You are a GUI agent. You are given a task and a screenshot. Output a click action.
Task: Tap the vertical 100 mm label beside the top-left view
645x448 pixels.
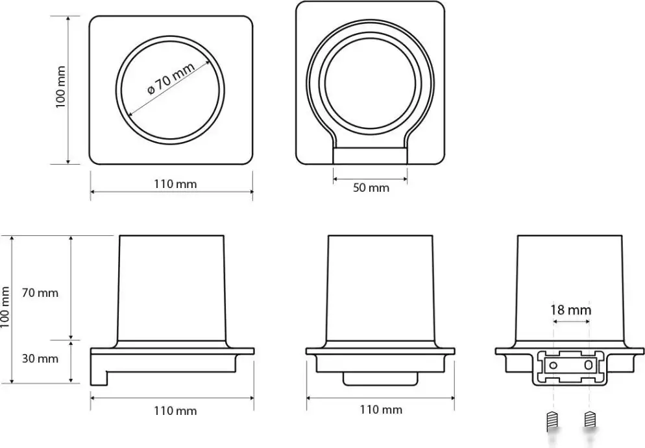(x=60, y=87)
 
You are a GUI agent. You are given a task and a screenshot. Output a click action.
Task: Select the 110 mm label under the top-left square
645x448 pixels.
(x=175, y=183)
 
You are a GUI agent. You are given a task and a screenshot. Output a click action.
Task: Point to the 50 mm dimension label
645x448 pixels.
(x=371, y=188)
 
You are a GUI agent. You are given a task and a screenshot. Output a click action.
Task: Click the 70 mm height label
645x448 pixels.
(x=40, y=293)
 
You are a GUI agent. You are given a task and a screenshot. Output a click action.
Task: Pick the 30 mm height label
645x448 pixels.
(x=40, y=359)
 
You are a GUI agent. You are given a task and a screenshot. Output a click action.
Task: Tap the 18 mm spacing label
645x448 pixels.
(x=571, y=309)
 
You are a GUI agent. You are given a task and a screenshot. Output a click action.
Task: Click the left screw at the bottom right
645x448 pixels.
(x=553, y=421)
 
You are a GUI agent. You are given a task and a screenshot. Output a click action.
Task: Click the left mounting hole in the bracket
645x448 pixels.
(x=554, y=365)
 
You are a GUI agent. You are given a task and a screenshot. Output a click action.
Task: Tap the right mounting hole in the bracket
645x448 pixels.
(x=589, y=364)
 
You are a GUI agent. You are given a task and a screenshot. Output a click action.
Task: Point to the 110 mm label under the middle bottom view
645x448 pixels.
(x=381, y=409)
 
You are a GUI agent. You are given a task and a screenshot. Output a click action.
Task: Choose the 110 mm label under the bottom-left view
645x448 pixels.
(x=175, y=410)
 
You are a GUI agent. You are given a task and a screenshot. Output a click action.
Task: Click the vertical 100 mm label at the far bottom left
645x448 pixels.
(x=5, y=307)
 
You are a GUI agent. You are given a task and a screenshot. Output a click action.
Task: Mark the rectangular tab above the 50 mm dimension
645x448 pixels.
(x=370, y=156)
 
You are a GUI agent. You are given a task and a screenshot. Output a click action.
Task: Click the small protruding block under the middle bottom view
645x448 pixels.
(x=380, y=379)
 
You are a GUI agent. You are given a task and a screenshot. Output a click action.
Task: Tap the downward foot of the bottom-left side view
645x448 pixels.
(x=99, y=378)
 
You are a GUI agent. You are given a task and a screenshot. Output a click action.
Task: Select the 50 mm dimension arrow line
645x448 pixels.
(x=370, y=179)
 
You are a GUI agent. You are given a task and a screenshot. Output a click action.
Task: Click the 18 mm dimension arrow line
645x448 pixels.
(x=572, y=322)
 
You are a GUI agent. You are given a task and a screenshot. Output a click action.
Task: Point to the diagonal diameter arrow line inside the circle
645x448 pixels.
(x=169, y=89)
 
